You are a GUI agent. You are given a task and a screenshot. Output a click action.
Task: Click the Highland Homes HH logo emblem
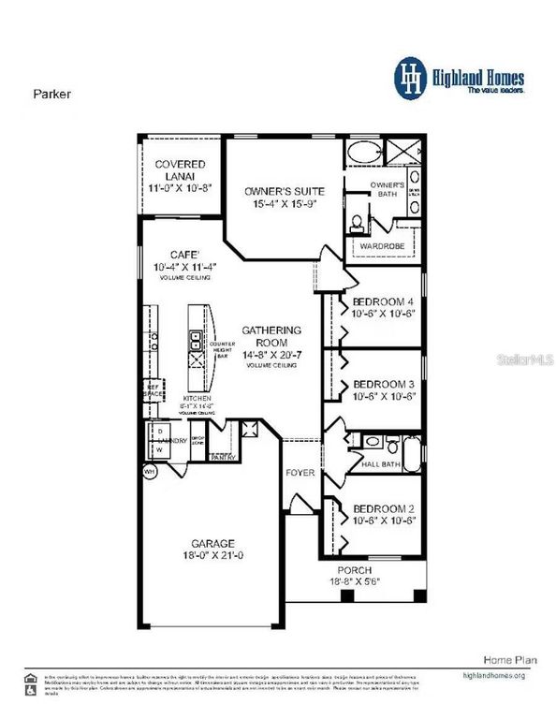pos(409,76)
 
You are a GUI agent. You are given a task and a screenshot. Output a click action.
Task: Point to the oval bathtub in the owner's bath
pos(364,153)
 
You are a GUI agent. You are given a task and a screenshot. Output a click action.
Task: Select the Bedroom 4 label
pos(384,301)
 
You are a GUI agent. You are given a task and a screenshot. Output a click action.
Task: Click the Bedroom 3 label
pos(384,384)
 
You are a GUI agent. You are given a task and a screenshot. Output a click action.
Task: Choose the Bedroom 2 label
pos(384,509)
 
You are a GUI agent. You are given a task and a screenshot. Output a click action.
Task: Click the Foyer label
pos(300,473)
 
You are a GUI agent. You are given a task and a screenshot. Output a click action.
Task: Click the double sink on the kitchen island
pos(197,339)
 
